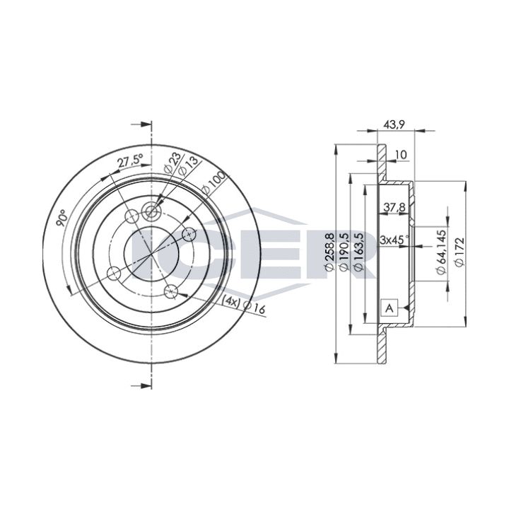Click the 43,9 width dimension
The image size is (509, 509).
(x=393, y=124)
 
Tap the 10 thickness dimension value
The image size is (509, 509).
(x=402, y=155)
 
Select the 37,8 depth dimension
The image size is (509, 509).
(x=394, y=207)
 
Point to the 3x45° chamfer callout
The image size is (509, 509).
(x=394, y=240)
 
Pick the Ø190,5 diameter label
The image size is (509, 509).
(x=344, y=251)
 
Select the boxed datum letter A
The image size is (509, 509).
(x=390, y=308)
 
